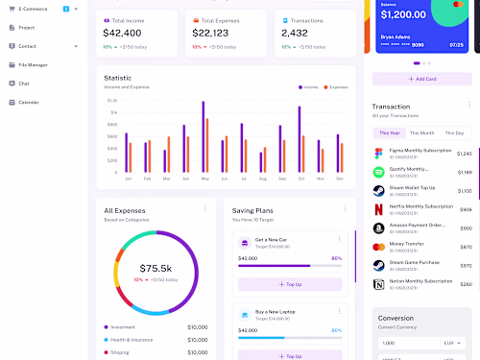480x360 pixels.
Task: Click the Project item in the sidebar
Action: [27, 28]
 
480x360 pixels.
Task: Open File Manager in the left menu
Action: [33, 64]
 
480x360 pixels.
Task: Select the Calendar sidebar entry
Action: [29, 102]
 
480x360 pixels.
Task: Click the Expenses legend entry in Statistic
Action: [336, 86]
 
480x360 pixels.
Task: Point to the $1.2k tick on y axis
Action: [112, 100]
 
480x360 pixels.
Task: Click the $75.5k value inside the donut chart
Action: [156, 268]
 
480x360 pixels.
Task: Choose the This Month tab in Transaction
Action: [421, 132]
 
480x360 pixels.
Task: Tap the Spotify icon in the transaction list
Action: [378, 172]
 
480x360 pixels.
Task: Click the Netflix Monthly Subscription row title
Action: [420, 206]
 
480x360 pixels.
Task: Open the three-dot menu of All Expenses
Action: [204, 207]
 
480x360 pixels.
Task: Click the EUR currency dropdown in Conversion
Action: [451, 343]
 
